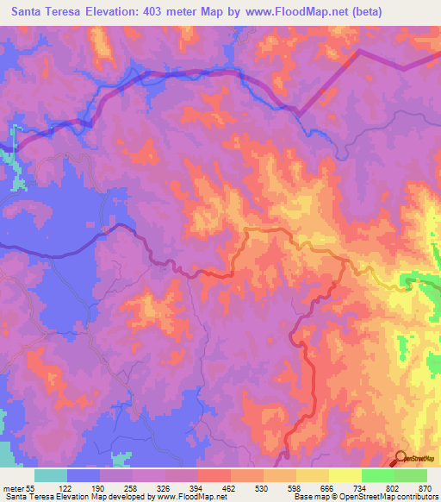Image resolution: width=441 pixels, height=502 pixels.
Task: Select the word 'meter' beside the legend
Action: tap(15, 489)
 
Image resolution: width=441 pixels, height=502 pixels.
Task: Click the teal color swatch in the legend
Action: tap(51, 475)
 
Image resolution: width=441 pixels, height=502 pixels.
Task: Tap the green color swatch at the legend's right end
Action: tap(410, 475)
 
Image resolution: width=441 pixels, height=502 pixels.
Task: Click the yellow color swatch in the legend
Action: tap(312, 475)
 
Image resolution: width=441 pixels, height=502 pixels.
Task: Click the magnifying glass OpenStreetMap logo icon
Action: tap(401, 459)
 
